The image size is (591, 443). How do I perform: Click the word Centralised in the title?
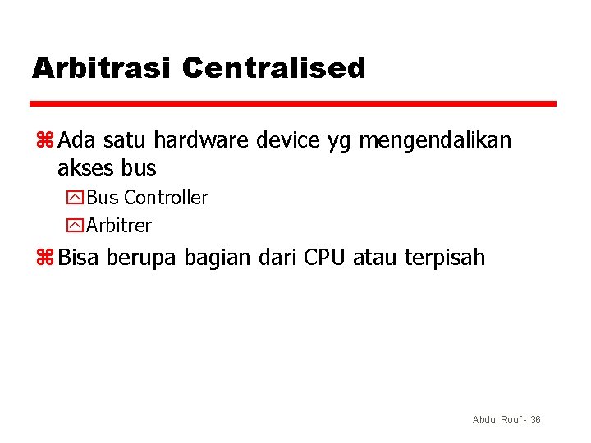pyautogui.click(x=273, y=68)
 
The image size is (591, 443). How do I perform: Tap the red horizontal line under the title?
pyautogui.click(x=293, y=104)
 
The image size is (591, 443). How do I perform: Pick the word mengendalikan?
pyautogui.click(x=435, y=142)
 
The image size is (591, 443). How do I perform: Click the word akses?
pyautogui.click(x=86, y=169)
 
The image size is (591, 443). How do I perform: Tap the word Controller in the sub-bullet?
pyautogui.click(x=166, y=198)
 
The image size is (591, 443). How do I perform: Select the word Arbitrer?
pyautogui.click(x=119, y=225)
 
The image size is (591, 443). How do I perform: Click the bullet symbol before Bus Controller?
pyautogui.click(x=77, y=198)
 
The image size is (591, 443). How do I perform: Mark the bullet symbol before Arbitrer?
pyautogui.click(x=77, y=225)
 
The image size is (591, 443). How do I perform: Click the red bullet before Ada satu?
pyautogui.click(x=44, y=141)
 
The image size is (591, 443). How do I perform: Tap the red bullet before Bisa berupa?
pyautogui.click(x=44, y=258)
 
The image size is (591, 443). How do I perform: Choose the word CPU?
pyautogui.click(x=325, y=258)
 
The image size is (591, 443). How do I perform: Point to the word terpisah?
pyautogui.click(x=444, y=258)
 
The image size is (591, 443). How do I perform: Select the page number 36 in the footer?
pyautogui.click(x=535, y=420)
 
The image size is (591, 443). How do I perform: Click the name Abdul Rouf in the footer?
pyautogui.click(x=496, y=420)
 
